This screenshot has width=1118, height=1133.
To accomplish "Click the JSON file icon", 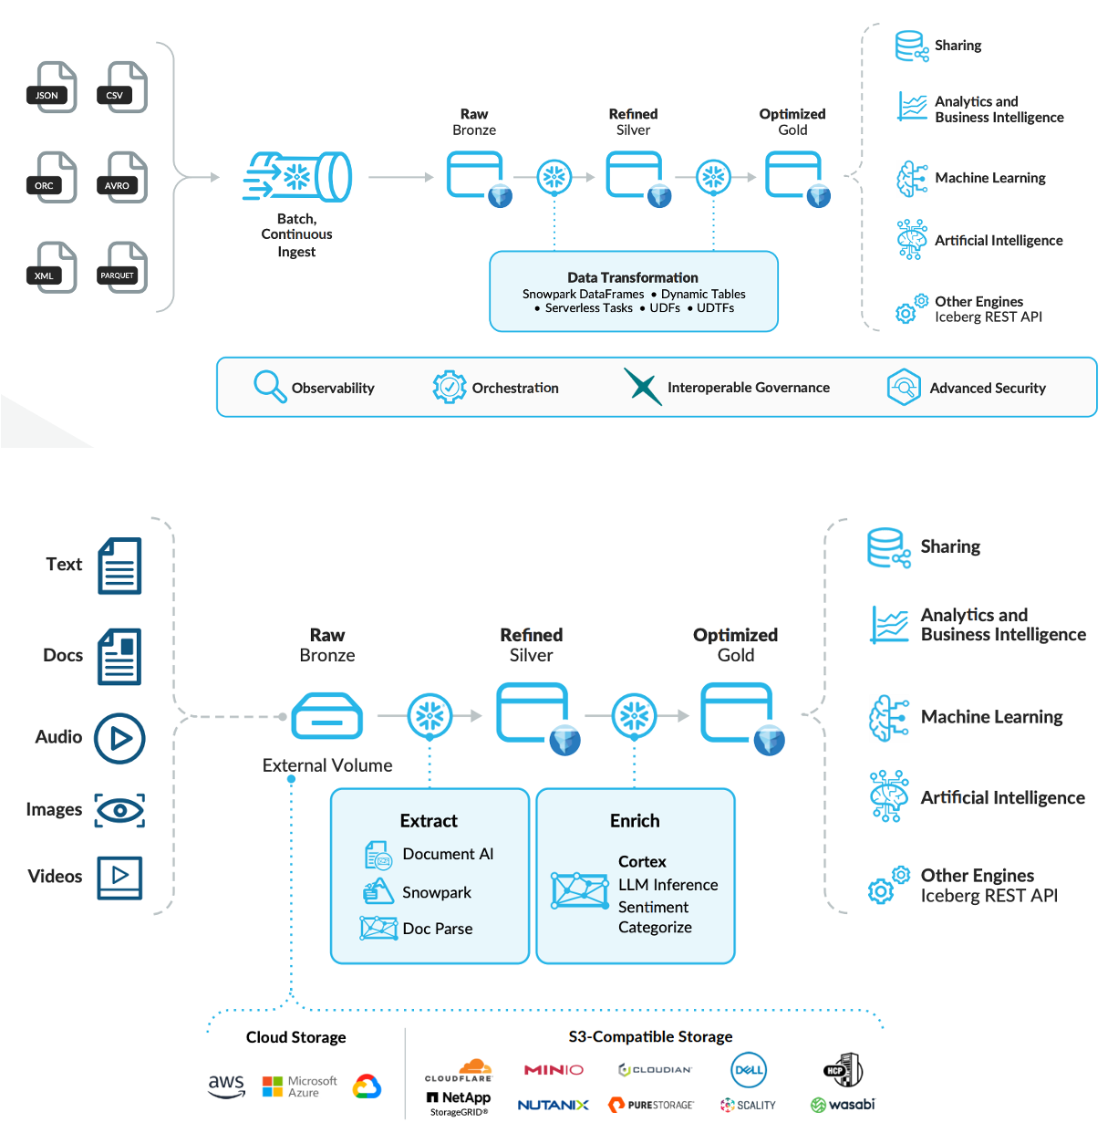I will [x=52, y=88].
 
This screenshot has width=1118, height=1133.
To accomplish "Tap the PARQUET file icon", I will [x=122, y=268].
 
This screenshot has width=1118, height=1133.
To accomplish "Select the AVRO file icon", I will [x=122, y=178].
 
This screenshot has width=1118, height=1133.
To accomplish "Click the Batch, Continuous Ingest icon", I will [x=298, y=177].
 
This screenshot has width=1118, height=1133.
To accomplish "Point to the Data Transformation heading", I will [x=633, y=277].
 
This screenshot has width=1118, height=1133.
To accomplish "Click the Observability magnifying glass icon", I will [x=270, y=387].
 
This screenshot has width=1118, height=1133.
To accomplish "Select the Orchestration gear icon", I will [x=450, y=387].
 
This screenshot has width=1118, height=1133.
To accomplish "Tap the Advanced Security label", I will [x=988, y=388].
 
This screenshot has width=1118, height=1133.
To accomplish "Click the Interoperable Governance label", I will [x=749, y=388].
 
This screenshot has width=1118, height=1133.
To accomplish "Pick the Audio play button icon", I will [x=120, y=738].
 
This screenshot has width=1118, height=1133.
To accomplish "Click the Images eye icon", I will [x=119, y=810].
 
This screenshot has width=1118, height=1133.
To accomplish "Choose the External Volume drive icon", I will [x=327, y=716].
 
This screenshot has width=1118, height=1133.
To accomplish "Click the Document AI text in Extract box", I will [x=448, y=854].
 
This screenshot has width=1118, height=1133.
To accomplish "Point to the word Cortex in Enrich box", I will [x=642, y=861].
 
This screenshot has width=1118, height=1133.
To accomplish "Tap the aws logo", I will [x=226, y=1086].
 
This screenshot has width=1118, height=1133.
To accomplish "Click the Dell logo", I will [x=749, y=1070].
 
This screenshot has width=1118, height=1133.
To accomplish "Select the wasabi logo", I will [x=843, y=1105].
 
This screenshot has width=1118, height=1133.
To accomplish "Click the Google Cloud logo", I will [x=367, y=1086].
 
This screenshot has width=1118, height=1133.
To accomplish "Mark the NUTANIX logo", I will [x=554, y=1105].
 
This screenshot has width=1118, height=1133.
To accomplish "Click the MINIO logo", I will [x=554, y=1070].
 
